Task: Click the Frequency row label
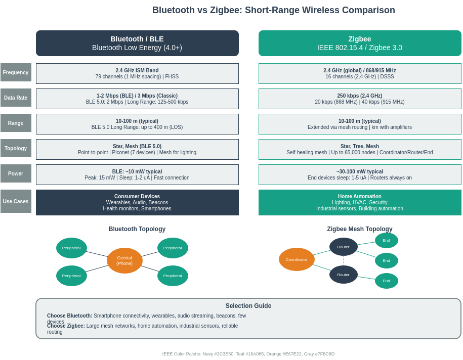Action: tap(16, 72)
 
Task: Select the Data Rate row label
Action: tap(16, 98)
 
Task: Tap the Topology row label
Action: tap(16, 148)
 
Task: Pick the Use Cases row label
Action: tap(16, 201)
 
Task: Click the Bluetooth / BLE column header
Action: tap(137, 43)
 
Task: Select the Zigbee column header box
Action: tap(360, 43)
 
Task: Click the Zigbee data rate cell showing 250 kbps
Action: tap(360, 99)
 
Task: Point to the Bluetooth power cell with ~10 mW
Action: tap(137, 174)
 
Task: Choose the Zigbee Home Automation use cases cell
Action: tap(360, 202)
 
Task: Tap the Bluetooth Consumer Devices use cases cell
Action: tap(137, 202)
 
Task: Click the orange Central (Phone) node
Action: tap(124, 260)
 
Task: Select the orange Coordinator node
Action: tap(297, 259)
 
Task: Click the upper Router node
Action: tap(344, 247)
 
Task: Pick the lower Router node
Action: tap(344, 275)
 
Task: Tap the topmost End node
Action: tap(387, 240)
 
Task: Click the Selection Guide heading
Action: tap(248, 306)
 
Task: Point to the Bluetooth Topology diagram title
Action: tap(137, 229)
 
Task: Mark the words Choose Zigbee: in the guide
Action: tap(66, 326)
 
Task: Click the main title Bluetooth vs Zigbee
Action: tap(274, 10)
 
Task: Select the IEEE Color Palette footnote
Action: tap(248, 354)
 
